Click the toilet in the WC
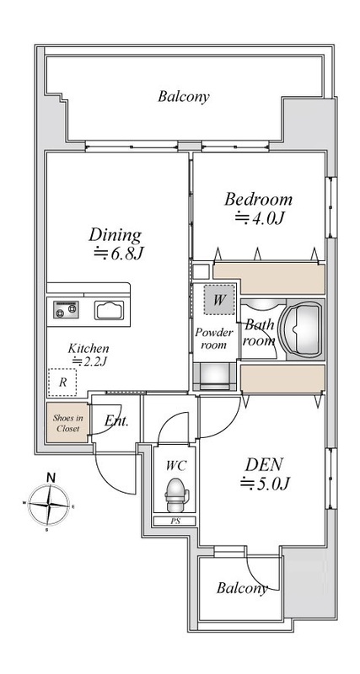(177, 495)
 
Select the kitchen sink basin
(110, 310)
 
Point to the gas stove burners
(66, 309)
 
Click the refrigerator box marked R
(62, 382)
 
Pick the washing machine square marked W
(219, 300)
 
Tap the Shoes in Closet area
(68, 423)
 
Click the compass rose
(48, 505)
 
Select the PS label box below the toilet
(175, 521)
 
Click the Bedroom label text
(258, 200)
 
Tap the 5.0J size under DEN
(265, 484)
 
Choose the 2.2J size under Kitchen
(89, 361)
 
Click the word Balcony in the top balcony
(184, 96)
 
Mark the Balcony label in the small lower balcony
(242, 587)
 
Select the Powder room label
(214, 339)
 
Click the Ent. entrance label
(116, 420)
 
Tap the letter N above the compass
(51, 477)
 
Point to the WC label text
(176, 465)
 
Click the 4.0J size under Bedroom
(260, 219)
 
